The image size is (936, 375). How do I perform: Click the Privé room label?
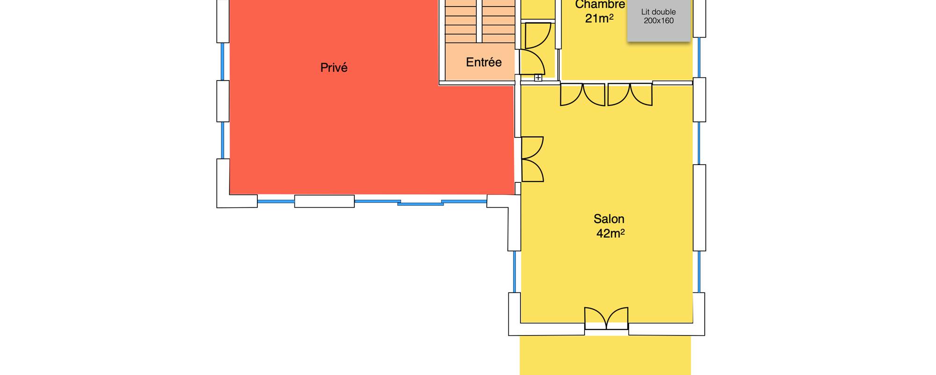click(x=334, y=67)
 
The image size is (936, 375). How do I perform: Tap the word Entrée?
click(x=483, y=62)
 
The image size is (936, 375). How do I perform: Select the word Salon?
click(x=609, y=219)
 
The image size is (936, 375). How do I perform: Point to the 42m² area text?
click(x=610, y=233)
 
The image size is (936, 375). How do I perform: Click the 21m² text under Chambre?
click(x=599, y=19)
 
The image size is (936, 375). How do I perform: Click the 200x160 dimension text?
click(x=658, y=21)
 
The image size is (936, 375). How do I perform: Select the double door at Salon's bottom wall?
click(x=606, y=319)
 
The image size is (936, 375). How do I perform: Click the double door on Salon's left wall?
click(x=532, y=159)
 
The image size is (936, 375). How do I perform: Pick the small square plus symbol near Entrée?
click(x=538, y=78)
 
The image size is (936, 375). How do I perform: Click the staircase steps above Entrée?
click(x=480, y=21)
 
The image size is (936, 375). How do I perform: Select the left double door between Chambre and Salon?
click(x=583, y=95)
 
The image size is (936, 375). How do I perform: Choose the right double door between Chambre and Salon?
click(x=630, y=95)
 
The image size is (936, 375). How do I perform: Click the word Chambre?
click(x=600, y=5)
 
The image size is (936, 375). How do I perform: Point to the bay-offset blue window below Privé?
click(x=420, y=203)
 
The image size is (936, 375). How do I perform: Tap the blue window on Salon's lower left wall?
click(x=514, y=272)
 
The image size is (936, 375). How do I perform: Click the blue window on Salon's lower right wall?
click(x=699, y=272)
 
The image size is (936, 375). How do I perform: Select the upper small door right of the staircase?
click(x=537, y=36)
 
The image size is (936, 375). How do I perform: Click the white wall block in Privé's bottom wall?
click(x=324, y=201)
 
